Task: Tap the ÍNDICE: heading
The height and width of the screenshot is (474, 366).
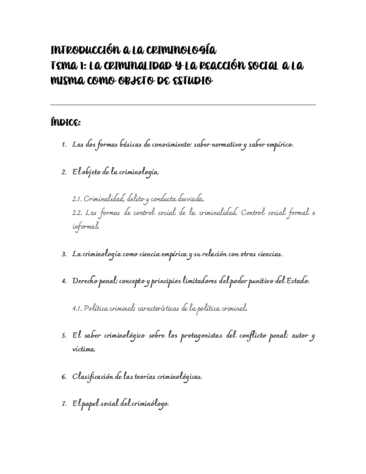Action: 65,122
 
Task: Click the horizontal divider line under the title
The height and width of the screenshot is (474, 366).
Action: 183,105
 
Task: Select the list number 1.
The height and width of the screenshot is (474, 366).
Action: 64,145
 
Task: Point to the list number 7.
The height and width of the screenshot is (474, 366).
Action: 64,404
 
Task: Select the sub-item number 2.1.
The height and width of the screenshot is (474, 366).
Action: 77,198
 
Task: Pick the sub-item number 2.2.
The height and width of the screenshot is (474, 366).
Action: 78,213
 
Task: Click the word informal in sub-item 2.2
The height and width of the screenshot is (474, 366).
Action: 85,227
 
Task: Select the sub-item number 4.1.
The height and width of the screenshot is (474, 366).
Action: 77,308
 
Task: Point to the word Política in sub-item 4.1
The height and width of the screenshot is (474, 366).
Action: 97,308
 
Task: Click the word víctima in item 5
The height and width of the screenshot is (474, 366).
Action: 83,349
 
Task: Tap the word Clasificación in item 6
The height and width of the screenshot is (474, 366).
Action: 93,376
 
